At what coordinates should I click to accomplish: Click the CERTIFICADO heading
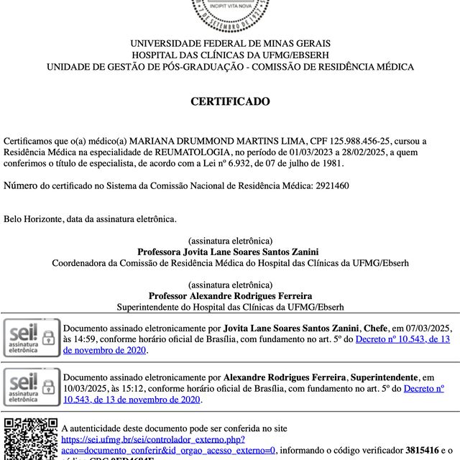pos(230,102)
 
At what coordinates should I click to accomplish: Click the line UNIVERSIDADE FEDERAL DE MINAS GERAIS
pos(230,43)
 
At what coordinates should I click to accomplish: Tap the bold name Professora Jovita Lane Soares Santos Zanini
pos(230,252)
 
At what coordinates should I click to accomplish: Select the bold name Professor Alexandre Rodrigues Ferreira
pos(230,296)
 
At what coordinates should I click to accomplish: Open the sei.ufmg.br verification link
pos(152,439)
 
